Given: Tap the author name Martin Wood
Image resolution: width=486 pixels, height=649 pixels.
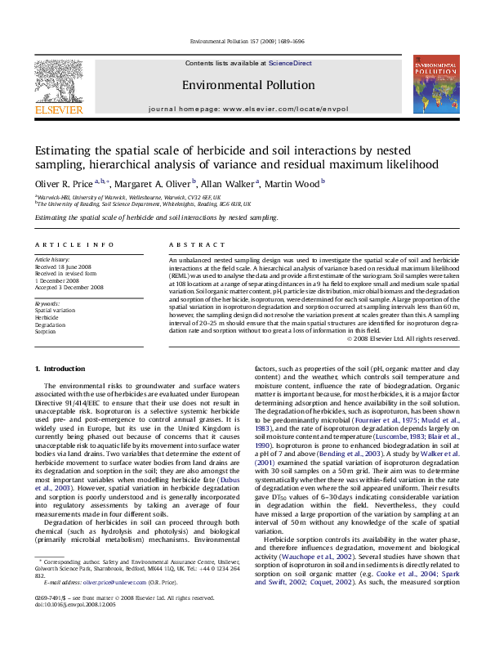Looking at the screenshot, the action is (294, 182).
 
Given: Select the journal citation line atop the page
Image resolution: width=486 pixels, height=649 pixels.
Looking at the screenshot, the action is (245, 41).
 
